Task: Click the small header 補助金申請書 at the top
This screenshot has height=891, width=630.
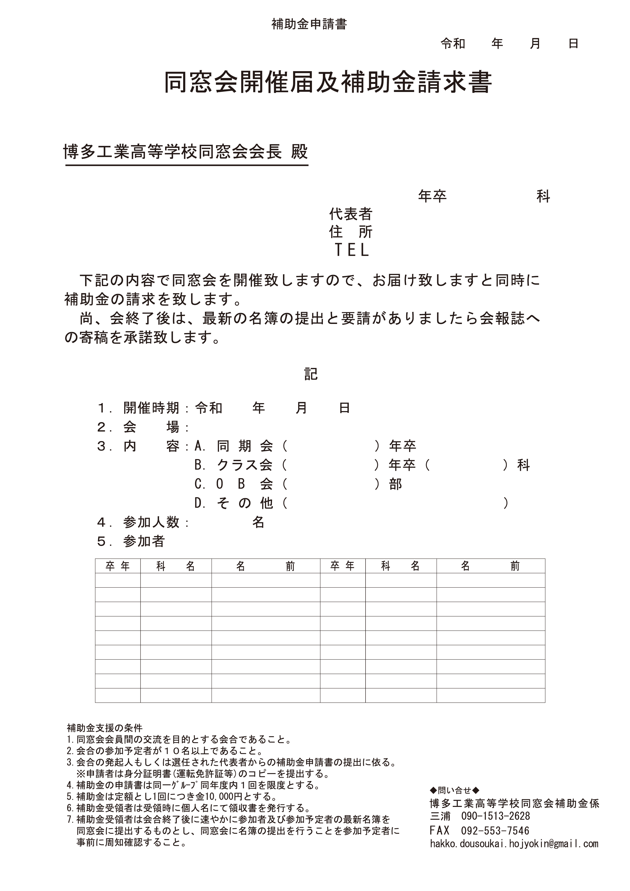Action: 309,24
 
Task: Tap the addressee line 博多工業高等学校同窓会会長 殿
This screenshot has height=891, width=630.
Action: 185,152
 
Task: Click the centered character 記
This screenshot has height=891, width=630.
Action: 311,374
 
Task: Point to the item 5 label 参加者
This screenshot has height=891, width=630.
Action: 144,541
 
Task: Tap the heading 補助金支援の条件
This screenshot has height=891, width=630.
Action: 105,727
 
